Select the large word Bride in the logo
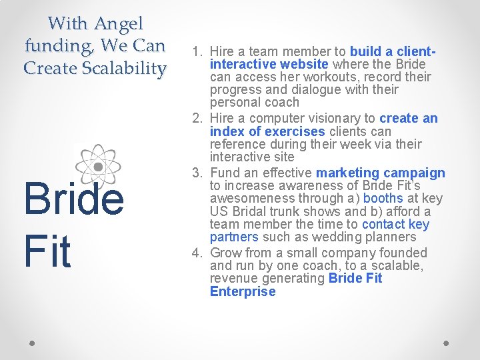pos(73,201)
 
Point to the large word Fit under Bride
pos(47,251)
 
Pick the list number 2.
pos(197,119)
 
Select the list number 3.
pos(197,173)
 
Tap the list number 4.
pos(197,253)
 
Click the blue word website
pos(304,64)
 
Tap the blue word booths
pos(383,199)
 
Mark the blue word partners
pos(233,237)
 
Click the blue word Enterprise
pos(242,292)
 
